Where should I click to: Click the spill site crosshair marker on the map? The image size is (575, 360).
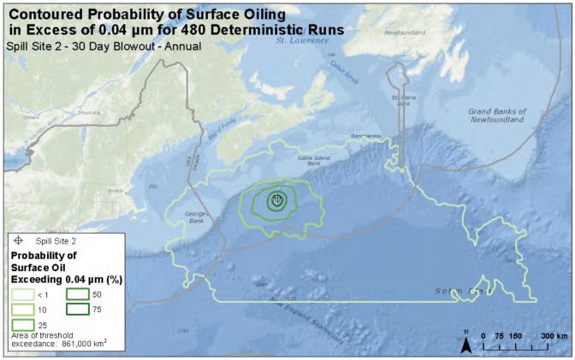pos(276,199)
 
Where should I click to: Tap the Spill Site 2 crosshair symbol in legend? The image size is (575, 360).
pos(19,242)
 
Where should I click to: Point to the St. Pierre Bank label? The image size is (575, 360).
pos(403,100)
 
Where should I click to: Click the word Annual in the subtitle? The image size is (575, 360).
pos(181,45)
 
